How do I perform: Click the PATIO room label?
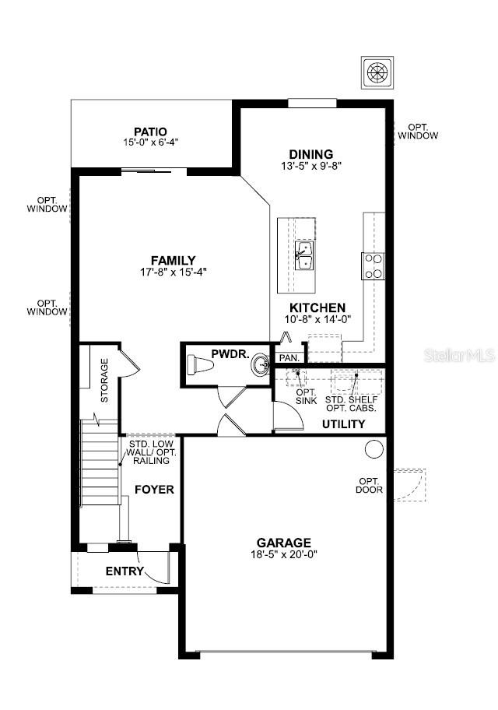point(150,132)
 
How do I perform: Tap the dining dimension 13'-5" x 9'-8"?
point(311,166)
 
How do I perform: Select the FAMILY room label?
point(173,260)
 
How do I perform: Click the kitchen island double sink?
point(304,255)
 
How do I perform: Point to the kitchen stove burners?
point(373,265)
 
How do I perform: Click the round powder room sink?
point(261,364)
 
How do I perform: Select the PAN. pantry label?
point(289,357)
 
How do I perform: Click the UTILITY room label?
point(343,424)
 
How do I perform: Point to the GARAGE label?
point(284,542)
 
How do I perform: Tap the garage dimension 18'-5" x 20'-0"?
point(284,554)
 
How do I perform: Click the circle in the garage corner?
point(374,448)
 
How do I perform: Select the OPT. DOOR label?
point(370,485)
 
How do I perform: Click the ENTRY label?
point(124,571)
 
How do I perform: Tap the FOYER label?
point(154,489)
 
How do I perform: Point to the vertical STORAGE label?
point(104,381)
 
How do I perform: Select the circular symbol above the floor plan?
point(376,72)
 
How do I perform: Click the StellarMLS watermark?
point(458,356)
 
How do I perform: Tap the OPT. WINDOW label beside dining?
point(418,131)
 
